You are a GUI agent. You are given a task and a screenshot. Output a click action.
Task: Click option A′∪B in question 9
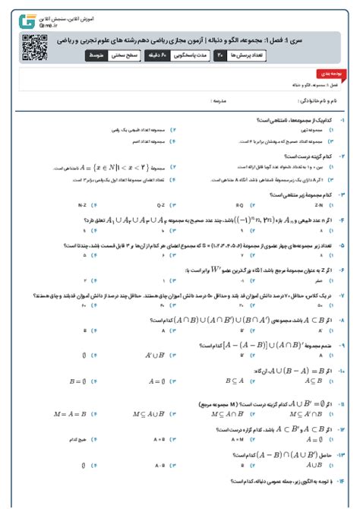tap(156, 353)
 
